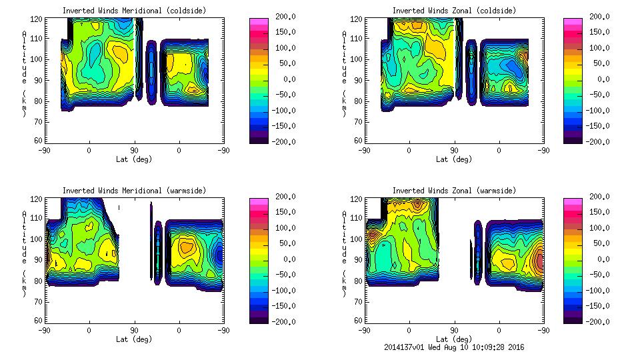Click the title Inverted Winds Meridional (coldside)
tap(134, 11)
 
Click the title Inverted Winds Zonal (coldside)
tap(454, 11)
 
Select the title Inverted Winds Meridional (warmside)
tap(134, 191)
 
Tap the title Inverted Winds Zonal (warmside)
tap(454, 191)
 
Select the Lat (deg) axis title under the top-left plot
tap(134, 159)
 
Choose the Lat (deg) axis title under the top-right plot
tap(454, 159)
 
